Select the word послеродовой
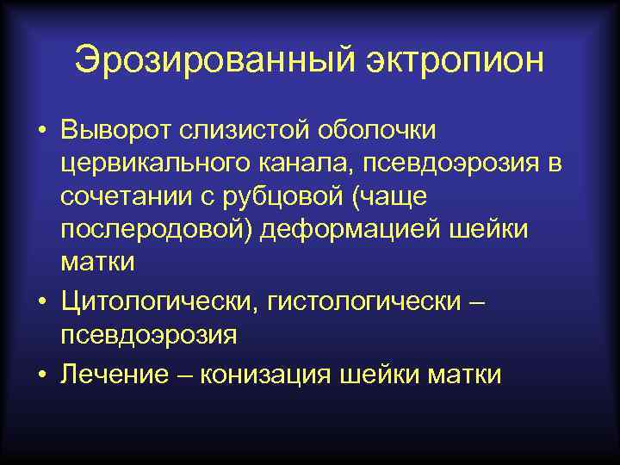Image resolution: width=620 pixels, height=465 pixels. [158, 228]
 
